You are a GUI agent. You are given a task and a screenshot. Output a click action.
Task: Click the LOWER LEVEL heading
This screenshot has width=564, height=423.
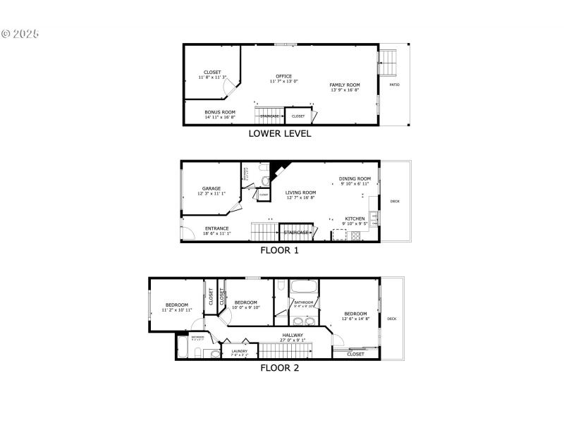coord(280,133)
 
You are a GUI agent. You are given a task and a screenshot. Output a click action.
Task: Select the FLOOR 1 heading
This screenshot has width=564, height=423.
coord(280,250)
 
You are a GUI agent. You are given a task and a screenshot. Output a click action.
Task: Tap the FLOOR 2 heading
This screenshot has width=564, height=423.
coord(280,367)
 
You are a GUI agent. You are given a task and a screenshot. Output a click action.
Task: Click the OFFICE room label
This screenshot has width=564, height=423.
coord(284,76)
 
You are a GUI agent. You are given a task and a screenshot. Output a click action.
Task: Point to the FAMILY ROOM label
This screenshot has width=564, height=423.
coord(345,85)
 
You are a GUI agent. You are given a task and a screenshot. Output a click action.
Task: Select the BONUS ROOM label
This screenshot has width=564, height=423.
coord(220,112)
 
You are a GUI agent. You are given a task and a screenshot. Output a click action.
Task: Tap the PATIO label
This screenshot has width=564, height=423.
coord(395,85)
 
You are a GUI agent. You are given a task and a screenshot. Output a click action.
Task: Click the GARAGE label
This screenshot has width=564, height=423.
coord(211,188)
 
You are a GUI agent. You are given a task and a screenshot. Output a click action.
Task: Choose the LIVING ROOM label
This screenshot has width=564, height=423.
coord(300,192)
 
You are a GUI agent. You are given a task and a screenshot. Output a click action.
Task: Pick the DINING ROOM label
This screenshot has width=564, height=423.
coord(355,179)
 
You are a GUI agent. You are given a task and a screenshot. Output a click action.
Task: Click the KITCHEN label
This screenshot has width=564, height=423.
coord(355,219)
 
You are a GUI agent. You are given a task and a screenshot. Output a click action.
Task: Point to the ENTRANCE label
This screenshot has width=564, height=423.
coord(216,228)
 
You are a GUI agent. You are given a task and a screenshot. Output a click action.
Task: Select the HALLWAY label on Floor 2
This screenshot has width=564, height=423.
coord(293,335)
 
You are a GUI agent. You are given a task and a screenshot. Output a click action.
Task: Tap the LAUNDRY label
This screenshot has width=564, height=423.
coord(240,351)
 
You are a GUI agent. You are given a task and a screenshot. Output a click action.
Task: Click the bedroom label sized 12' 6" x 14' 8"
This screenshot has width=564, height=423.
coord(355,314)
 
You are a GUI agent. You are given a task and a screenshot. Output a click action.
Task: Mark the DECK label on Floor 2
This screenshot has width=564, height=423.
coord(392,319)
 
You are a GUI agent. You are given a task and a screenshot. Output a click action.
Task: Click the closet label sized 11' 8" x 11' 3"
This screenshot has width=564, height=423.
coord(212,72)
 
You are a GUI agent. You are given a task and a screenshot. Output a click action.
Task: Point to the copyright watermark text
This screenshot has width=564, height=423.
coord(20,33)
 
